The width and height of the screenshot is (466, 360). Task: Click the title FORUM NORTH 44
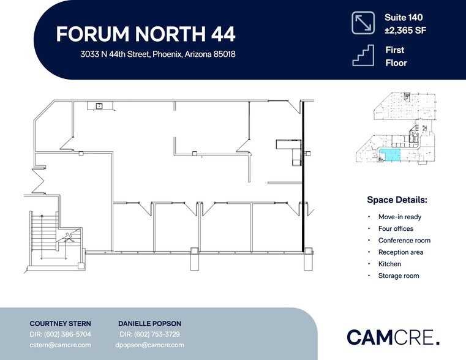click(x=145, y=34)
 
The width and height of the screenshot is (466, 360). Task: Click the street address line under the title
click(x=158, y=54)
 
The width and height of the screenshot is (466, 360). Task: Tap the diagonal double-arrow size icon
click(x=363, y=23)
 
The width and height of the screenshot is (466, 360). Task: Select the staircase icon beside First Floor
click(x=363, y=56)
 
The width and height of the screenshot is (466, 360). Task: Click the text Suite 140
click(x=404, y=18)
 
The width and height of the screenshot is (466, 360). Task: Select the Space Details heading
click(x=397, y=200)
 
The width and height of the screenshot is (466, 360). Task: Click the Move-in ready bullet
click(x=399, y=217)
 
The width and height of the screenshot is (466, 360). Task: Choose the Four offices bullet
click(x=396, y=228)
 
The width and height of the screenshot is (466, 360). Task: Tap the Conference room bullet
click(x=404, y=241)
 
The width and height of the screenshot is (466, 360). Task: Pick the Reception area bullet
click(x=400, y=252)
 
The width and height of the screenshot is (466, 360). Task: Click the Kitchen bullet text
click(x=389, y=264)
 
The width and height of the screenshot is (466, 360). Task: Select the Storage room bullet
click(x=399, y=276)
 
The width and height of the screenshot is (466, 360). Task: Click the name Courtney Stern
click(x=61, y=323)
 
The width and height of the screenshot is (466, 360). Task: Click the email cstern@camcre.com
click(x=61, y=345)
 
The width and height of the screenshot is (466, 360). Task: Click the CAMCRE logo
click(x=393, y=337)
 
